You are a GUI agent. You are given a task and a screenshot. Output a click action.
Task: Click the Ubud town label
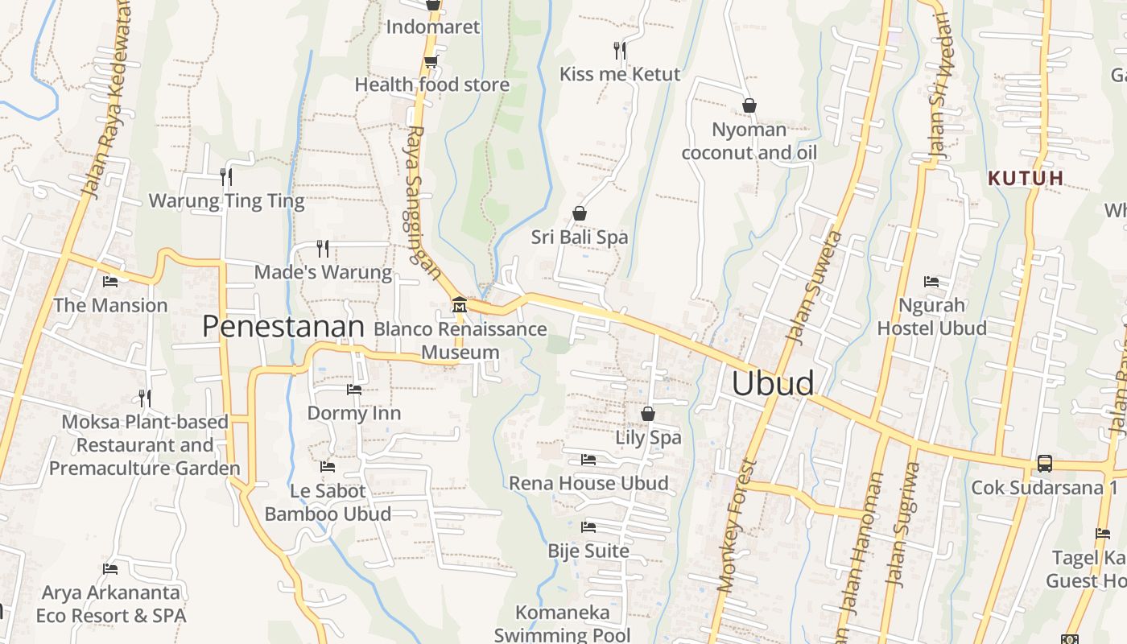click(772, 383)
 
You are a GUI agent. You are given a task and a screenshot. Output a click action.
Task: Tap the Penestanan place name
click(283, 326)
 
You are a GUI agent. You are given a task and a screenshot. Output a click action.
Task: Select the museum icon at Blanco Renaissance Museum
click(459, 305)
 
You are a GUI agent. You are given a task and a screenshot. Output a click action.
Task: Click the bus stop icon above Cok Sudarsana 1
click(1044, 464)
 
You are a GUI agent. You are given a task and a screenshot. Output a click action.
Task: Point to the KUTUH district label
click(1026, 178)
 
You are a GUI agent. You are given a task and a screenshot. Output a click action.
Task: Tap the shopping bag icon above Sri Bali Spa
click(579, 213)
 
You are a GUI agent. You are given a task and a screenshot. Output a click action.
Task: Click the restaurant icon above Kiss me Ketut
click(619, 50)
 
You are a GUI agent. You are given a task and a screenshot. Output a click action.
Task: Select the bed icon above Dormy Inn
click(353, 390)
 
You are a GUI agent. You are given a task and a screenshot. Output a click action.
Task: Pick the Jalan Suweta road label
click(813, 287)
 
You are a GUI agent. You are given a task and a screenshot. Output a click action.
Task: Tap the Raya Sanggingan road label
click(423, 201)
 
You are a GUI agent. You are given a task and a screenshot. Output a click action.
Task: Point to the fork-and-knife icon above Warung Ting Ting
click(226, 176)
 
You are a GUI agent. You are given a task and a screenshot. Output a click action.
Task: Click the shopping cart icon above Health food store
click(431, 61)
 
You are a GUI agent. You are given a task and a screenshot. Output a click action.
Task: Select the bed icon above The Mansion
click(110, 282)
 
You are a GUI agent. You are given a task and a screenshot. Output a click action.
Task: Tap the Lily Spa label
click(648, 438)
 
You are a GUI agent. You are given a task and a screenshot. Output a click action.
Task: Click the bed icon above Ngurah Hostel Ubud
click(931, 282)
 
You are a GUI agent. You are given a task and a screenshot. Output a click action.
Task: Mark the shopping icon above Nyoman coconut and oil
click(749, 105)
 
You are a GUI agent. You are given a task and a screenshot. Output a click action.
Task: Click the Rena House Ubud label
click(588, 483)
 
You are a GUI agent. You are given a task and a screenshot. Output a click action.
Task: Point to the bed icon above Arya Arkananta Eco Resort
click(110, 569)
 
